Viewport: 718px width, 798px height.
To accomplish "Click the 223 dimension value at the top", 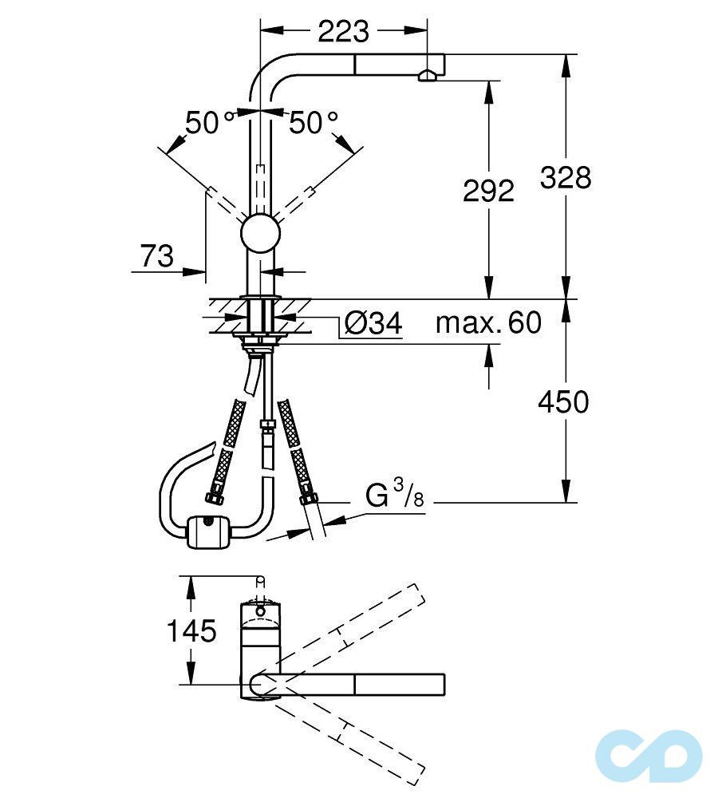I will (344, 31).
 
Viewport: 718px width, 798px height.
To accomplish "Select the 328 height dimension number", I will (565, 177).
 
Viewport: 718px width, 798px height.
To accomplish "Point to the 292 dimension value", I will (488, 191).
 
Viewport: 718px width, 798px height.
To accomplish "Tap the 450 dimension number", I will (563, 402).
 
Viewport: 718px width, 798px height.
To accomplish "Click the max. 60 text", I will (488, 323).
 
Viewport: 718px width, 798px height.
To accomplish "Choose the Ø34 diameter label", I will (371, 325).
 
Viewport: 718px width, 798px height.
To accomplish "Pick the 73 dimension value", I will (157, 256).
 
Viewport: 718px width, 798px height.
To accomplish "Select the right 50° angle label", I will (314, 123).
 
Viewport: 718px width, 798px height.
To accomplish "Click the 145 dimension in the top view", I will (191, 631).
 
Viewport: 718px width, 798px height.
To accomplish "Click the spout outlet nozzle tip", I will (427, 76).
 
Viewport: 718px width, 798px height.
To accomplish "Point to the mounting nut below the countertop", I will (260, 341).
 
